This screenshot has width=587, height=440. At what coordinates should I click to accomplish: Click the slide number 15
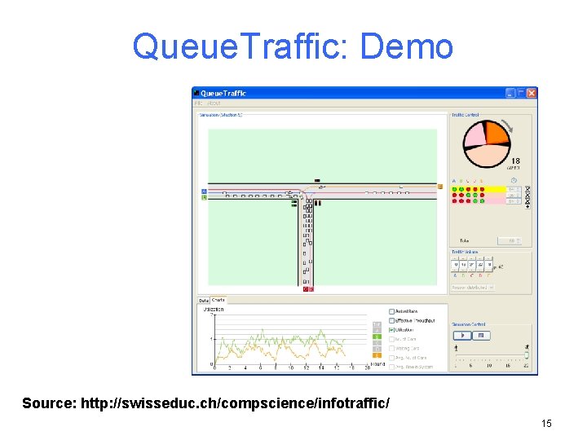pyautogui.click(x=546, y=423)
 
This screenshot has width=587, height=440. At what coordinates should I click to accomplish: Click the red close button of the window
pyautogui.click(x=532, y=93)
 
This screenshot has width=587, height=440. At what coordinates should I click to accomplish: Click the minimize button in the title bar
pyautogui.click(x=510, y=93)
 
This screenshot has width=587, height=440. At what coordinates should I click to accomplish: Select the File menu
pyautogui.click(x=198, y=103)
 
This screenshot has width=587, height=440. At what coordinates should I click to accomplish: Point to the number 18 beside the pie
pyautogui.click(x=515, y=161)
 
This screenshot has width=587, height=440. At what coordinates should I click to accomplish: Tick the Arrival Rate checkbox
pyautogui.click(x=391, y=311)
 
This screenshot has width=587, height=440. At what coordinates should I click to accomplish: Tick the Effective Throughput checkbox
pyautogui.click(x=391, y=320)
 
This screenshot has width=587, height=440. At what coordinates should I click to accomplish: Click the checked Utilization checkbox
pyautogui.click(x=391, y=330)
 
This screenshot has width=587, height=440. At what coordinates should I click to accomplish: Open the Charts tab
pyautogui.click(x=218, y=301)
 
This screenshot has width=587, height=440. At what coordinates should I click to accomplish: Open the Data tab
pyautogui.click(x=204, y=301)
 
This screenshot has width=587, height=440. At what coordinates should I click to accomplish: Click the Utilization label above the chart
pyautogui.click(x=214, y=310)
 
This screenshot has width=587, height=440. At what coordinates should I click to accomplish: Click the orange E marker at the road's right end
pyautogui.click(x=440, y=187)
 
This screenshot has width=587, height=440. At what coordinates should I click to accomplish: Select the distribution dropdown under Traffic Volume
pyautogui.click(x=474, y=288)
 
